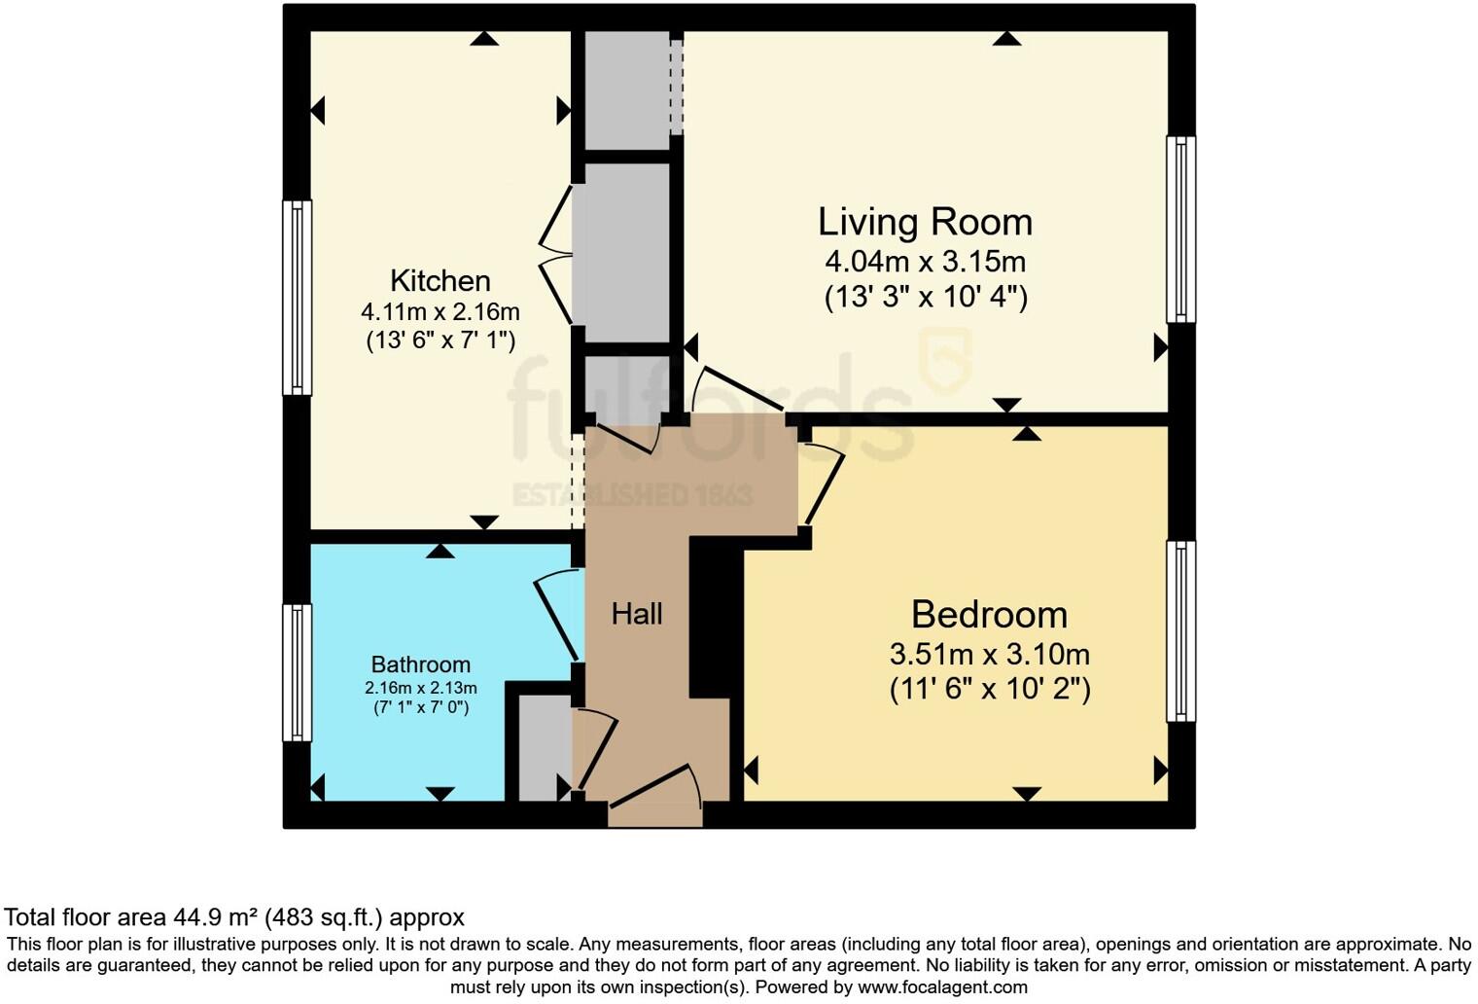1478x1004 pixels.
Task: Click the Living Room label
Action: (925, 222)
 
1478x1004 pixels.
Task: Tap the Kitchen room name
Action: (440, 281)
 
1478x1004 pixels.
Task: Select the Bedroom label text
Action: (989, 615)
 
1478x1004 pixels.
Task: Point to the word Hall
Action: (637, 614)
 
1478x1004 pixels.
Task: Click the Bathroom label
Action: (420, 664)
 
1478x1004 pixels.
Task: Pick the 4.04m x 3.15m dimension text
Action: (925, 262)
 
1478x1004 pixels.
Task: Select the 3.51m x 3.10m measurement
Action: (989, 654)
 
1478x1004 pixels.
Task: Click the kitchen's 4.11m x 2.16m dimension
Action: (440, 312)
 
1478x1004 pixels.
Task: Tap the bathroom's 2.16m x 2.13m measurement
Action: (420, 688)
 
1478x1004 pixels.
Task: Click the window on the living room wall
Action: (1180, 230)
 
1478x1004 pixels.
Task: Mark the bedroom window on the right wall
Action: (1180, 631)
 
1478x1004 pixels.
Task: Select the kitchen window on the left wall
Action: (297, 298)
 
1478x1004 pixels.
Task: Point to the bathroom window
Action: (297, 672)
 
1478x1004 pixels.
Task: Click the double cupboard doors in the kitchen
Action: (557, 255)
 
